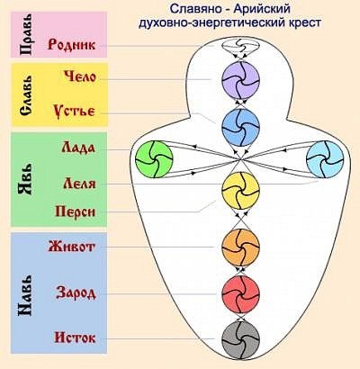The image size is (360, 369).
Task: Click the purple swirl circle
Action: point(240,80)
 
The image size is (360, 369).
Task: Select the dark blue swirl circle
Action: point(240,128)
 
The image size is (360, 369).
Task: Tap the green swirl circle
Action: point(154,159)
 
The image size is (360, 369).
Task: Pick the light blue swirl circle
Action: point(325,159)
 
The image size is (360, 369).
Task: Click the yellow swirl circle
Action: point(240,191)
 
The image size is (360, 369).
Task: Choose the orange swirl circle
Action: point(240,247)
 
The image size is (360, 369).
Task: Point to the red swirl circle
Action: point(240,293)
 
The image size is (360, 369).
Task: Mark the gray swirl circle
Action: point(240,340)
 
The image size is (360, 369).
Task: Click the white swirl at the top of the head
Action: point(240,46)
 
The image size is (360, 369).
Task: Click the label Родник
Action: point(71,45)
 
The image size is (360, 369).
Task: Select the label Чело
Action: point(80,77)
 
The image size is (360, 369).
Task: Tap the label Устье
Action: point(74,112)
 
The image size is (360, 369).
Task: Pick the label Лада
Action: point(78,148)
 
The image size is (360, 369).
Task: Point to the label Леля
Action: point(79,184)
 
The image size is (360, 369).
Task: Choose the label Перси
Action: point(76,211)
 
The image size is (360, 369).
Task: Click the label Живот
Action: point(71,247)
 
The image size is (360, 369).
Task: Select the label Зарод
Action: point(76,292)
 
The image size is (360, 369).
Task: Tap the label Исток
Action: point(75,338)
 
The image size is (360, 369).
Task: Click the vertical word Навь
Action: point(25,294)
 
